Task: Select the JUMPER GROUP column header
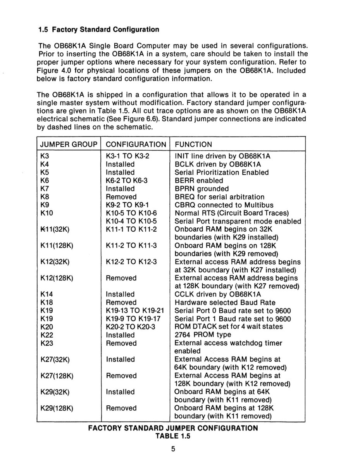tap(68, 145)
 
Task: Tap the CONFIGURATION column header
tap(136, 145)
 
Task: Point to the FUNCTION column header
tap(193, 145)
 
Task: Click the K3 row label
tap(45, 156)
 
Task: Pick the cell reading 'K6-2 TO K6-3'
tap(127, 181)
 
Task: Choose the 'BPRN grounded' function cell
tap(202, 189)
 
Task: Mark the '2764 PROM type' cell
tap(203, 335)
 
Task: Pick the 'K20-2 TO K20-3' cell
tap(130, 327)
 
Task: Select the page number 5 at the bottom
tap(173, 449)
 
